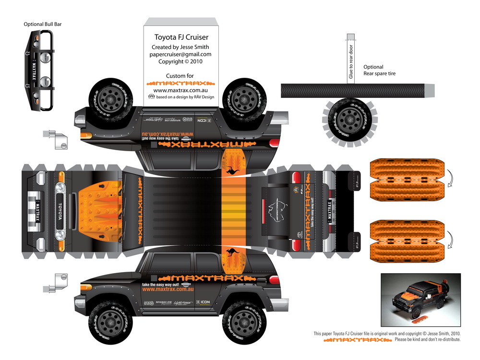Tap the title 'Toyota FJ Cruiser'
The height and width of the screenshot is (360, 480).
[181, 37]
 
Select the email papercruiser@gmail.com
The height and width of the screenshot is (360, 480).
[180, 54]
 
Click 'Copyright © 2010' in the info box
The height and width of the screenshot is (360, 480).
[180, 61]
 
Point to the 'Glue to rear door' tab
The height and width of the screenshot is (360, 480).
[351, 60]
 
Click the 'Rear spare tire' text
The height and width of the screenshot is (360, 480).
[379, 74]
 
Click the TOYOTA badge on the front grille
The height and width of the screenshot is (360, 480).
[60, 212]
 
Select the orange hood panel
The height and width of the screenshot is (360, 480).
[98, 211]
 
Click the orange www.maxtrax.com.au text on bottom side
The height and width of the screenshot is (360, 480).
[168, 289]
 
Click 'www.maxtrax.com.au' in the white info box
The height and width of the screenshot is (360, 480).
[180, 90]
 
